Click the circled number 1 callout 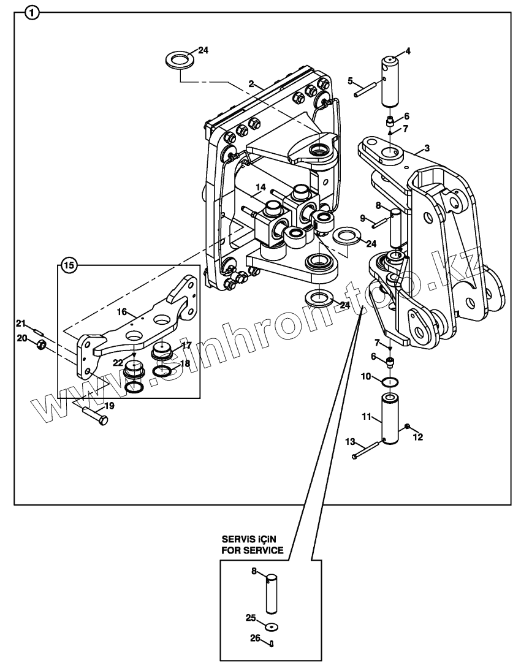33,12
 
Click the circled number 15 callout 69,265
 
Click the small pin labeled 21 36,331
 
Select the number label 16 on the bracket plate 122,312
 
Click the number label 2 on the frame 251,83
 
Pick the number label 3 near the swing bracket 427,148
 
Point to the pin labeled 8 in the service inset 272,593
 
